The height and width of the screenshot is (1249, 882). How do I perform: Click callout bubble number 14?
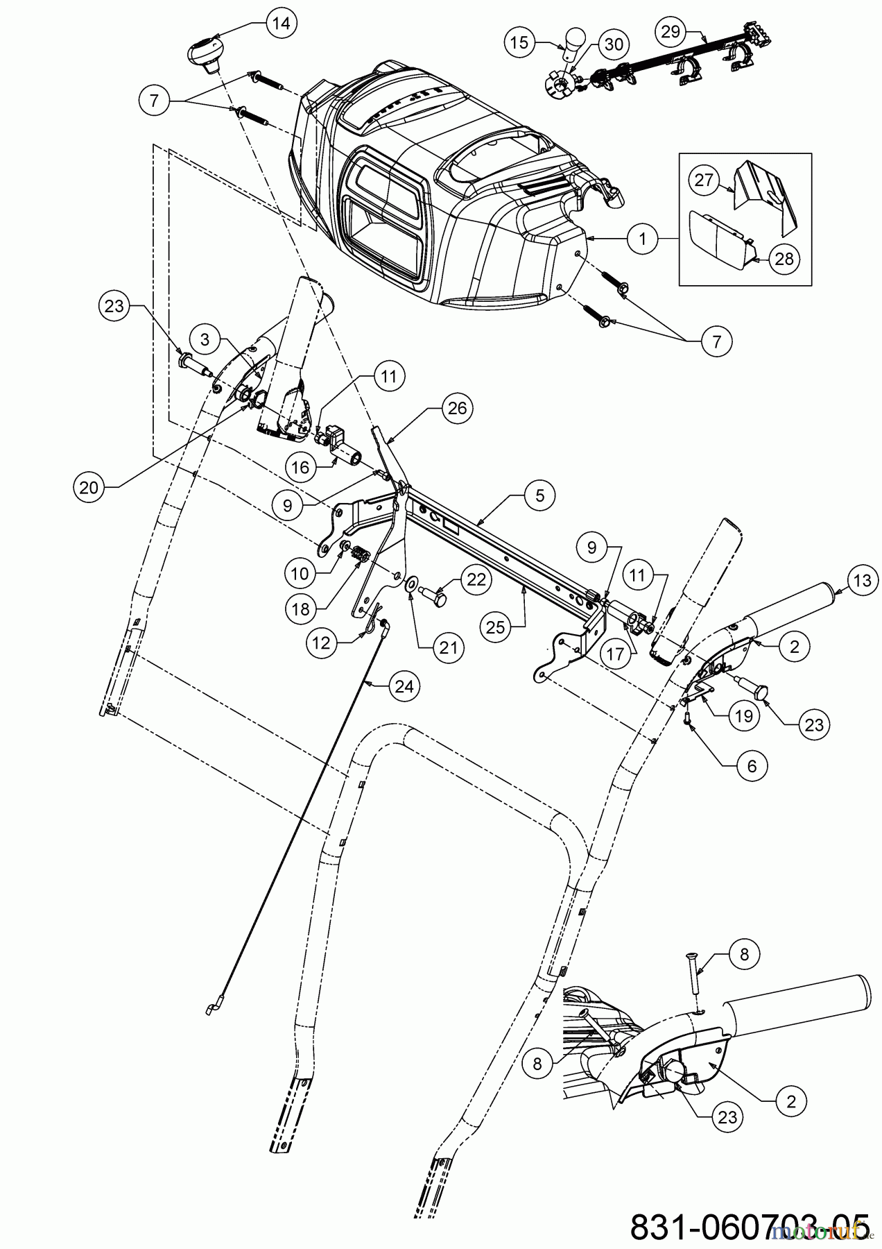(x=281, y=24)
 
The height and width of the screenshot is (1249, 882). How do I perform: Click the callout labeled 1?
(x=643, y=239)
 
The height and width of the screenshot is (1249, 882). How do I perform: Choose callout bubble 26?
(x=458, y=408)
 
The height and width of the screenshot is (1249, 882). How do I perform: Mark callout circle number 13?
(x=862, y=580)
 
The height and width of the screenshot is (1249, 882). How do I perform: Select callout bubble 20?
(x=88, y=487)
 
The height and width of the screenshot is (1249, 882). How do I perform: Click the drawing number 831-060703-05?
(x=748, y=1226)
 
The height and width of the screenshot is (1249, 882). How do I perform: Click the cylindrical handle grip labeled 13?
(x=795, y=604)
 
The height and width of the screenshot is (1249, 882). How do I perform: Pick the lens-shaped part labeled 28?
(x=718, y=237)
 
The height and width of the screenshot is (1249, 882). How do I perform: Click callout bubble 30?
(x=614, y=44)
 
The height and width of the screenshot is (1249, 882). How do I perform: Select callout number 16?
(x=301, y=467)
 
